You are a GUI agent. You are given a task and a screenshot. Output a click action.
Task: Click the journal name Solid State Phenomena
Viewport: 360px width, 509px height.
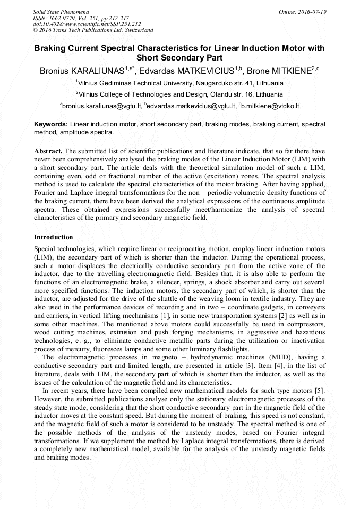coord(58,11)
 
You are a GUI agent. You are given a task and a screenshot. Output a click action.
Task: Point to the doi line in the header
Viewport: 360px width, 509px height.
coord(87,24)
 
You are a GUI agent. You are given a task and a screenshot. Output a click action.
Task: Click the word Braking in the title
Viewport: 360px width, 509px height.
coord(52,48)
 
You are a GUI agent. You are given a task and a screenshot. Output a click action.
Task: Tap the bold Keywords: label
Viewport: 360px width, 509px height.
coord(50,124)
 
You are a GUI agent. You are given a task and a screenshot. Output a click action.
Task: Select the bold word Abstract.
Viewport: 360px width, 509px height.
coord(49,151)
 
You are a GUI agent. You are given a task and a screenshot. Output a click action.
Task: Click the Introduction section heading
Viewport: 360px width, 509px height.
coord(53,237)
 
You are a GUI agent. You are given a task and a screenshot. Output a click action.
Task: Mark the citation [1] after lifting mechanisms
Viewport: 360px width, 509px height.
coord(165,316)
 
